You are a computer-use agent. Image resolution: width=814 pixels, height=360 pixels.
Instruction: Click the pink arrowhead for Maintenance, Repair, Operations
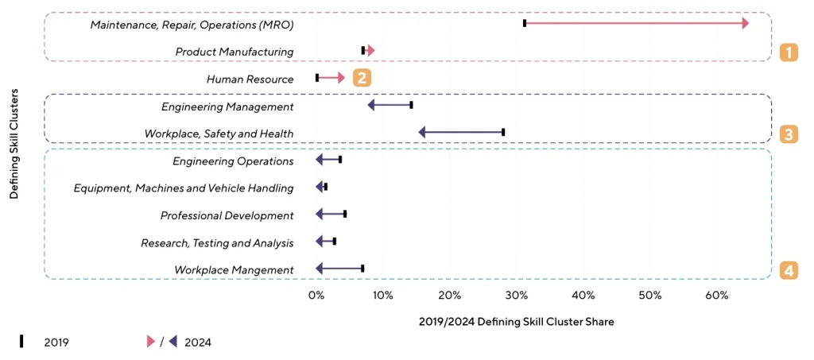[745, 24]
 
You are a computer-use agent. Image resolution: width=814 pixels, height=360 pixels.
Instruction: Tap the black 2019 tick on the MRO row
[525, 24]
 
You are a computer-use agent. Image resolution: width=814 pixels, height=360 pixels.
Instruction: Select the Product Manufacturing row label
[235, 52]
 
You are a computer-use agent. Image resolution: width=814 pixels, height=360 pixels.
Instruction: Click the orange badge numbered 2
[362, 78]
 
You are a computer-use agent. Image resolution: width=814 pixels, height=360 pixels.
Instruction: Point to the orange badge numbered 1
[788, 52]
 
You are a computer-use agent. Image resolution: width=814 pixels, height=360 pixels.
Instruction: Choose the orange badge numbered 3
[788, 134]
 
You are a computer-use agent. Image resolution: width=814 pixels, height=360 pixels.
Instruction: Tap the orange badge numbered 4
[788, 270]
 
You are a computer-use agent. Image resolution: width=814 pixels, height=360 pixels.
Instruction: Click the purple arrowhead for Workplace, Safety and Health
[422, 133]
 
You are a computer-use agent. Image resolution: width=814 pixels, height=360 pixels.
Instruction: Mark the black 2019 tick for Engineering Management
[411, 105]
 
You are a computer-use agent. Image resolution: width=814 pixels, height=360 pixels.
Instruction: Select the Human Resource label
[250, 79]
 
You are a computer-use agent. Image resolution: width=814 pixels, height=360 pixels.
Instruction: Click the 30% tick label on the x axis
[517, 296]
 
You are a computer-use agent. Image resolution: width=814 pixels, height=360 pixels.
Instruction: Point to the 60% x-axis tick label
[717, 296]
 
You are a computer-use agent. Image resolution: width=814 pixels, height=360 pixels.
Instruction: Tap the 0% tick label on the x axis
[316, 296]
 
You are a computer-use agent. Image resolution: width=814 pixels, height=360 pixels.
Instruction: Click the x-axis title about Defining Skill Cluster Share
[516, 322]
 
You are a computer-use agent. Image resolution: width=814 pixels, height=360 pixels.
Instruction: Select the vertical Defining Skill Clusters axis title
[14, 146]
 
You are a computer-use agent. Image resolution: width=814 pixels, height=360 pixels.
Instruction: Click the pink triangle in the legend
[150, 342]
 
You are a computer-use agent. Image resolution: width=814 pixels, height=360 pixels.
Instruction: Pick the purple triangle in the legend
[172, 342]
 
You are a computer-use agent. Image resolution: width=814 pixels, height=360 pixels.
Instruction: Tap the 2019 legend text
[56, 343]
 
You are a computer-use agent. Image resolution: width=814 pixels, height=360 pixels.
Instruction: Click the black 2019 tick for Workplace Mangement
[362, 269]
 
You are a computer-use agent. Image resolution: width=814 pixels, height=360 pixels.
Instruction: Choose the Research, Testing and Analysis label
[217, 243]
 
